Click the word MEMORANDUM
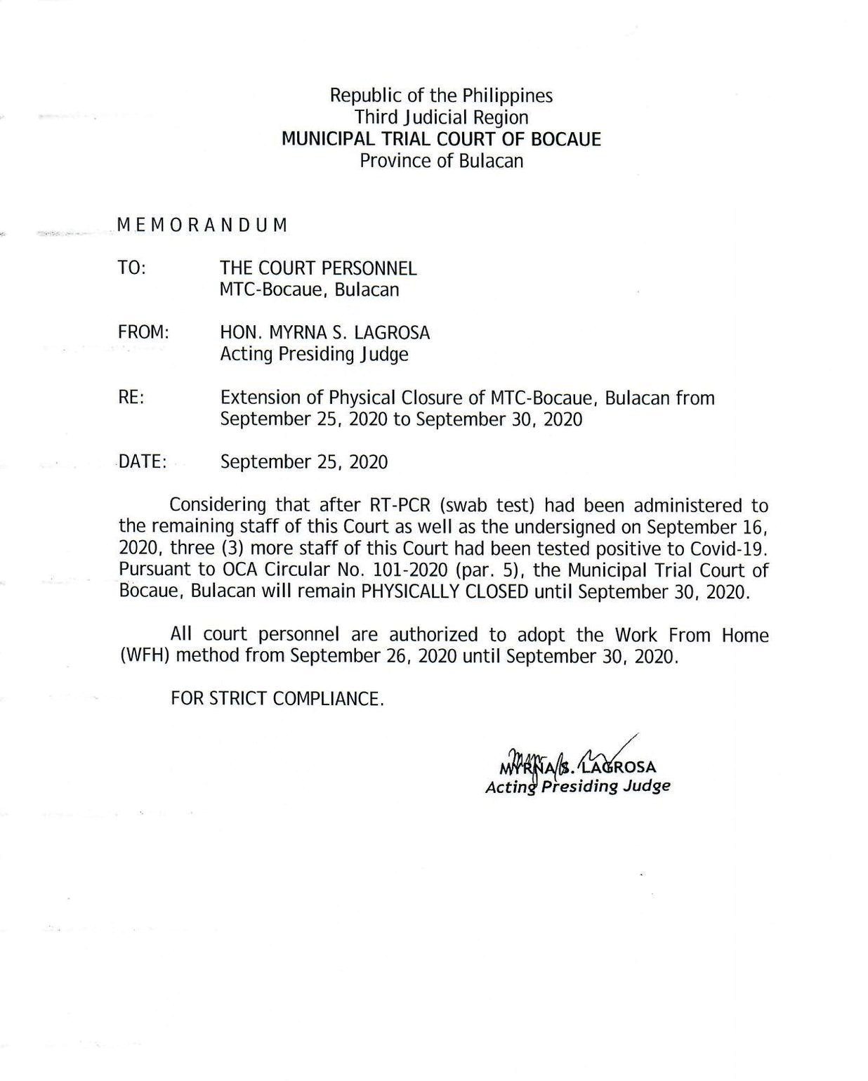point(202,225)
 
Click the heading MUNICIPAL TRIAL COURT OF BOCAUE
point(441,139)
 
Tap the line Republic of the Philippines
point(441,96)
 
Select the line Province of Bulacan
point(441,161)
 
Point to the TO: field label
point(132,268)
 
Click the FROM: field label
point(143,332)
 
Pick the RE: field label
point(131,398)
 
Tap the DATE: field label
point(143,462)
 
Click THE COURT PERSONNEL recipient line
point(318,268)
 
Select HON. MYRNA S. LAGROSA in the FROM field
point(324,332)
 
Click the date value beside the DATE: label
point(303,462)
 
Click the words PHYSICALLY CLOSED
point(445,591)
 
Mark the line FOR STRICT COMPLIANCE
point(277,699)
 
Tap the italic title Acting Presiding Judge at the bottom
point(577,786)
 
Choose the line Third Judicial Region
point(441,117)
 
